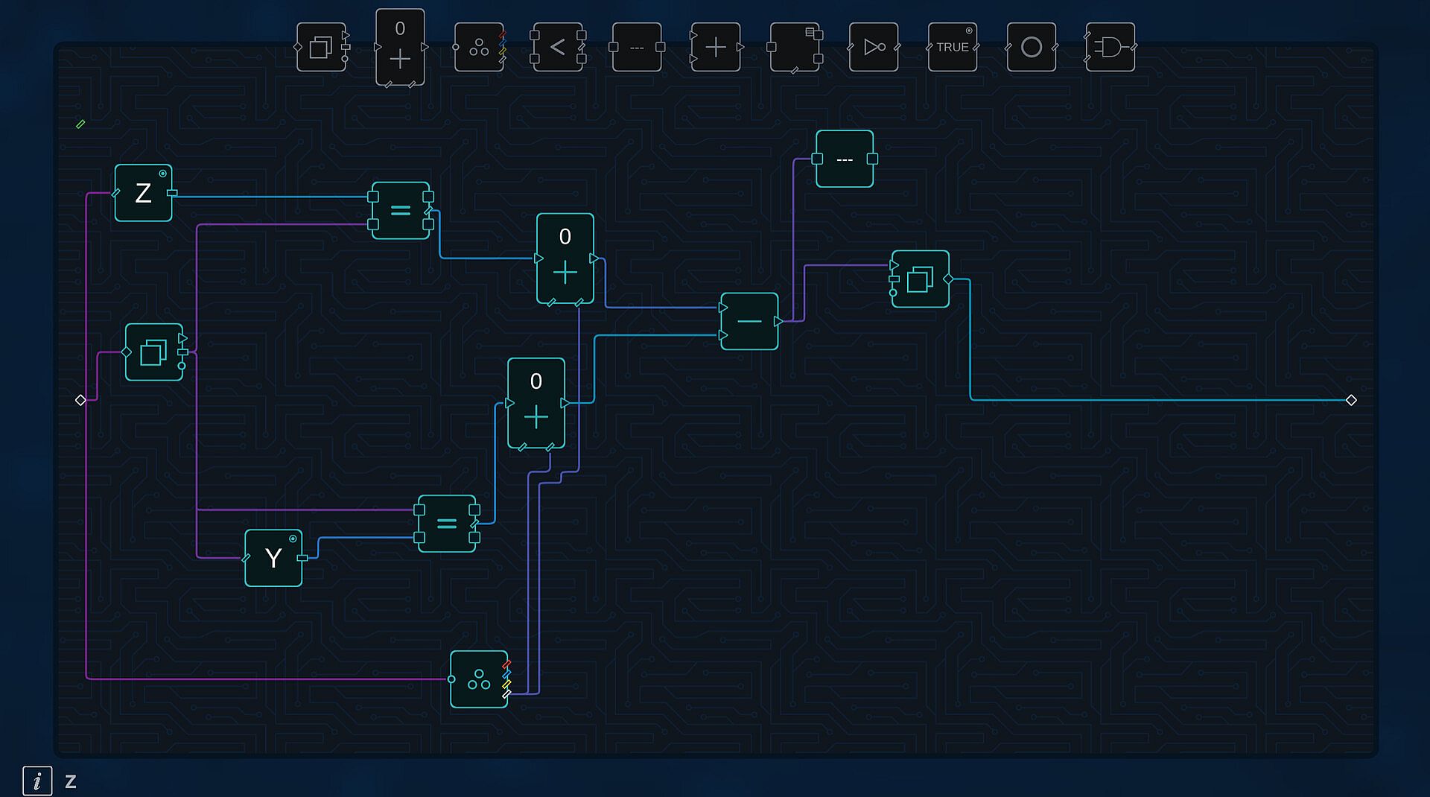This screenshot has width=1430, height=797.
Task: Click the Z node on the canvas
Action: point(143,193)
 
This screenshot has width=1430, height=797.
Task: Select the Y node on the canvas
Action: point(273,558)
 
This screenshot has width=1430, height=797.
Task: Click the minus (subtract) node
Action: point(749,321)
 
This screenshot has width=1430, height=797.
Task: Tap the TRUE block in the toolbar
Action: point(953,47)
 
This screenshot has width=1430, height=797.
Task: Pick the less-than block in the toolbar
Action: point(558,47)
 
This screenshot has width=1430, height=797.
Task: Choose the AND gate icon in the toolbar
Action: point(1110,47)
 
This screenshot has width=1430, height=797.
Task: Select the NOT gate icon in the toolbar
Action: point(874,47)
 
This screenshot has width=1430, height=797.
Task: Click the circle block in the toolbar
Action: point(1032,47)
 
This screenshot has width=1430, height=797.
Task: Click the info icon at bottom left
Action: point(37,781)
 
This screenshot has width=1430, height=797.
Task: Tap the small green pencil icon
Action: point(80,124)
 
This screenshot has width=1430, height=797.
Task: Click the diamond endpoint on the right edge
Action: point(1351,400)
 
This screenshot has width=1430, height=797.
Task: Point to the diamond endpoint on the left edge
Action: point(80,400)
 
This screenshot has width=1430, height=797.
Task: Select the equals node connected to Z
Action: point(401,211)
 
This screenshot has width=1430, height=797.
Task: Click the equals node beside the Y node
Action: point(447,524)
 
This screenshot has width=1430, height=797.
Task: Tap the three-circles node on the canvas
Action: point(479,679)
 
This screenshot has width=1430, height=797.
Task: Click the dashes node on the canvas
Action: point(845,159)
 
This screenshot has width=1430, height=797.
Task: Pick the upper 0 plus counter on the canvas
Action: point(565,258)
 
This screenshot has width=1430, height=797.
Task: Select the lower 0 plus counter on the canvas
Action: point(536,403)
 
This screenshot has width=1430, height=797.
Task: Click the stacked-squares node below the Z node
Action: point(153,352)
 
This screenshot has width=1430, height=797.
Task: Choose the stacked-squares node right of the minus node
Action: point(921,279)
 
